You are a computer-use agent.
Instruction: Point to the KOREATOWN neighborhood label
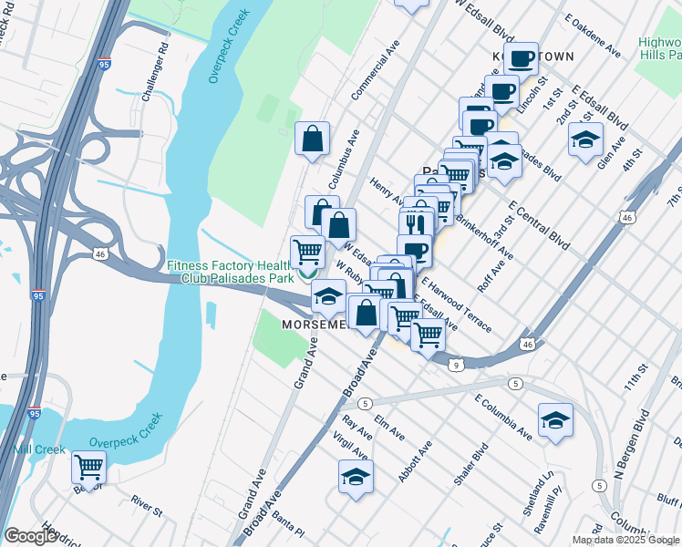(x=533, y=57)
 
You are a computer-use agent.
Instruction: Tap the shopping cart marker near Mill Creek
(x=89, y=467)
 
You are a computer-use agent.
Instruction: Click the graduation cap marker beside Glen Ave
(x=585, y=139)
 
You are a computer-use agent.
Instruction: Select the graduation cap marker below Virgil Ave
(x=356, y=476)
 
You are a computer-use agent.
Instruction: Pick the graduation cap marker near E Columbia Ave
(x=555, y=420)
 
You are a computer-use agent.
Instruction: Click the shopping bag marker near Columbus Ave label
(x=313, y=139)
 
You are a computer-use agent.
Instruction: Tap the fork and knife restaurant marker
(x=415, y=222)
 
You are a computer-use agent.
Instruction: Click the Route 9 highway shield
(x=454, y=365)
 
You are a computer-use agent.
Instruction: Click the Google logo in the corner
(x=30, y=536)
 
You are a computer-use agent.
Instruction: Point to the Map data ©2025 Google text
(x=625, y=540)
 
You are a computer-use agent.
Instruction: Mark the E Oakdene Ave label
(x=598, y=36)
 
